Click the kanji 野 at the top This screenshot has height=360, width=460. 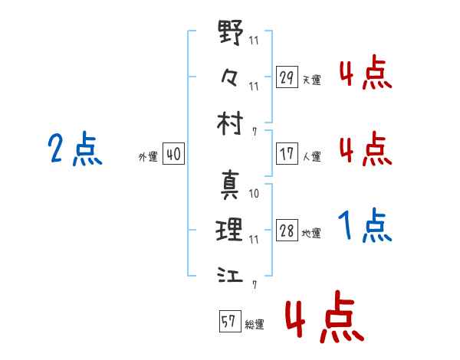pos(231,32)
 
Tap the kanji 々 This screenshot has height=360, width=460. pos(229,77)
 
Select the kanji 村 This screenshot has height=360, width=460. pos(230,123)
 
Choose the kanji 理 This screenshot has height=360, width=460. pos(229,230)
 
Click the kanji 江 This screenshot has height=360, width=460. pos(230,274)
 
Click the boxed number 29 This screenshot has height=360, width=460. pos(287,77)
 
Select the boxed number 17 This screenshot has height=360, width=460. pos(287,153)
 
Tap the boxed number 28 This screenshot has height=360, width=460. pos(287,230)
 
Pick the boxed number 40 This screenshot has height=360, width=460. pos(173,153)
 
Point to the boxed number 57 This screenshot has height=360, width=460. pos(230,321)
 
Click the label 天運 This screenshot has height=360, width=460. pos(312,80)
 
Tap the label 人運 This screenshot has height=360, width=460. pos(312,156)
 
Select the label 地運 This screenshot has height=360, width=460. pos(311,234)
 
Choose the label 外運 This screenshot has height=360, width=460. pos(148,156)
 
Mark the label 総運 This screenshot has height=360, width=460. pos(255,324)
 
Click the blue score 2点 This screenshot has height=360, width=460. pos(75,148)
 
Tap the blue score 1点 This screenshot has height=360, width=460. pos(365,225)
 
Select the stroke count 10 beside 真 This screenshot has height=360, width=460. pos(254,194)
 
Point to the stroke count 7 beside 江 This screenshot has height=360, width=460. pos(255,285)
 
